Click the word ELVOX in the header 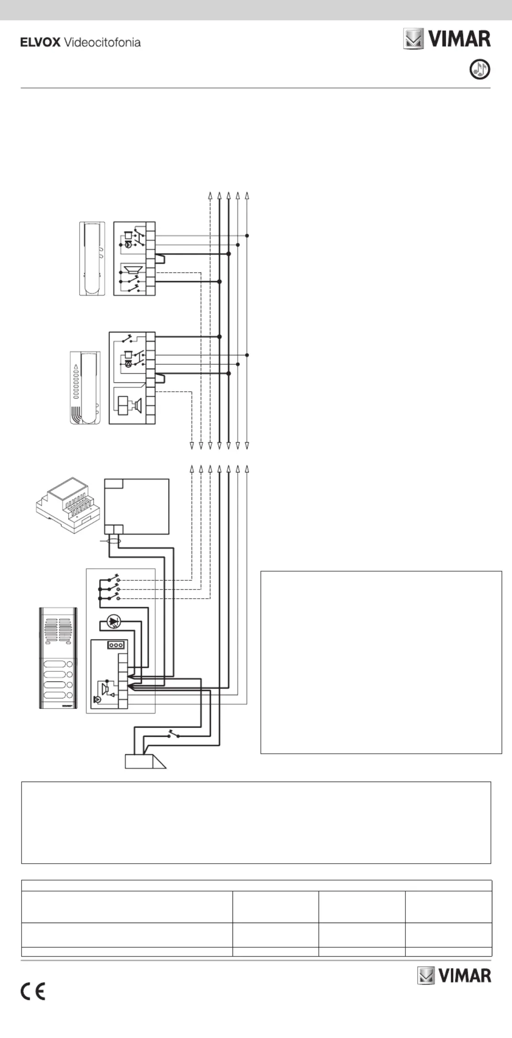pos(40,43)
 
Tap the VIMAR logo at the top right pos(447,39)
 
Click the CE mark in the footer pos(33,992)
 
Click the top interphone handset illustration pos(92,259)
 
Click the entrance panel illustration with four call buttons pos(58,658)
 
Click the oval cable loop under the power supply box pos(113,541)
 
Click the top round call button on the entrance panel pos(70,664)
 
